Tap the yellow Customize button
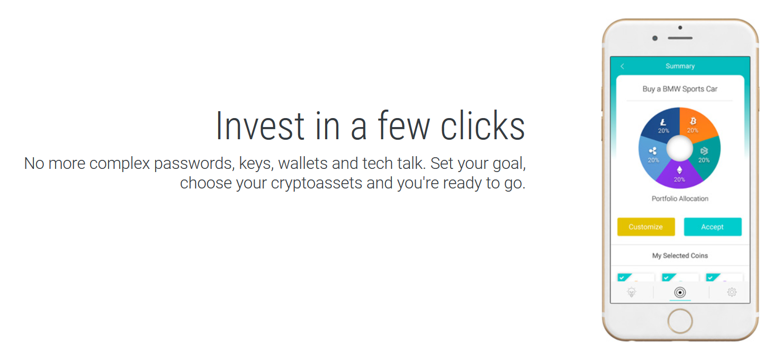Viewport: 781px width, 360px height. pos(646,227)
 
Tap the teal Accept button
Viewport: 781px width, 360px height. pos(713,227)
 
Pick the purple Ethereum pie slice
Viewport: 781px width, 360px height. pos(679,176)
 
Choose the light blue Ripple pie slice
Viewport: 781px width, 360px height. pos(652,157)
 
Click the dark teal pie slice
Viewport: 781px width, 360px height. pos(706,157)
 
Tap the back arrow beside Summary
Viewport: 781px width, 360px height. pos(622,66)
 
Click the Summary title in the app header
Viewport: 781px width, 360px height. pos(680,66)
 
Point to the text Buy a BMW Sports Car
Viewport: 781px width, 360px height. pos(680,89)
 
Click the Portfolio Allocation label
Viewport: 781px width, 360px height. pos(680,199)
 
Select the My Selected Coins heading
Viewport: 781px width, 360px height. pos(680,256)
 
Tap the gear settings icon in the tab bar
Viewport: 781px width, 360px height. pos(732,292)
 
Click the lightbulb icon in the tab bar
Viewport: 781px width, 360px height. pos(632,292)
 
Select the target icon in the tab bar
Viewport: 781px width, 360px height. pos(680,292)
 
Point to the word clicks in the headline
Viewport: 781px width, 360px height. pos(483,126)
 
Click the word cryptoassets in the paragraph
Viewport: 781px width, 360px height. pos(317,184)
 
